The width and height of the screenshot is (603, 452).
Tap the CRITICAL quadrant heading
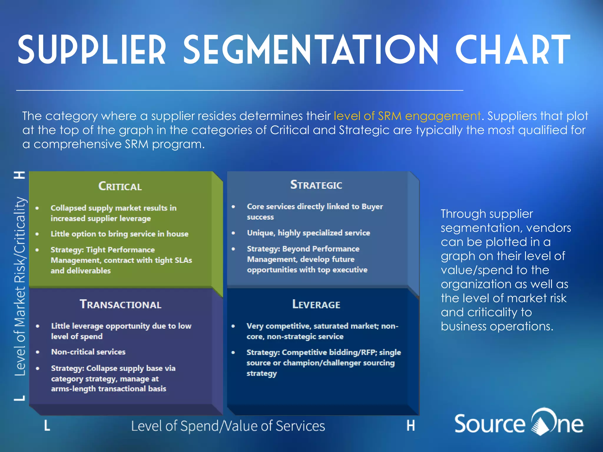coord(120,186)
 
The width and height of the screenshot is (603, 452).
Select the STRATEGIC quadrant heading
coord(316,185)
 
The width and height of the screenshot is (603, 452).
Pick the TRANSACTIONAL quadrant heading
coord(120,304)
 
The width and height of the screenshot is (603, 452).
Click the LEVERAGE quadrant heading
coord(316,304)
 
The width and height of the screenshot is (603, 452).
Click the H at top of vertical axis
coord(20,175)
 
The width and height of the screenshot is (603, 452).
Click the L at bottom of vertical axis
coord(20,398)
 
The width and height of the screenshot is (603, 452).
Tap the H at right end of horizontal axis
coord(411,426)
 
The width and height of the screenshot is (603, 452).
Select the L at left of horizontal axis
coord(47,426)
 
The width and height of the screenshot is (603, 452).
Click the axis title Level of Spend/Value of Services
coord(228,426)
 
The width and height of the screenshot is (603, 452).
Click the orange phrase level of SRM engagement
coord(407,116)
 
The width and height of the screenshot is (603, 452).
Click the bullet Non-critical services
coord(88,352)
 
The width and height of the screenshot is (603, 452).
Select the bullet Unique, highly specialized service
coord(308,233)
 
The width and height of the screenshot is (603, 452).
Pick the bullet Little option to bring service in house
coord(119,234)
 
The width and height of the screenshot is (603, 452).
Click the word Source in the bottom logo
coord(489,424)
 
